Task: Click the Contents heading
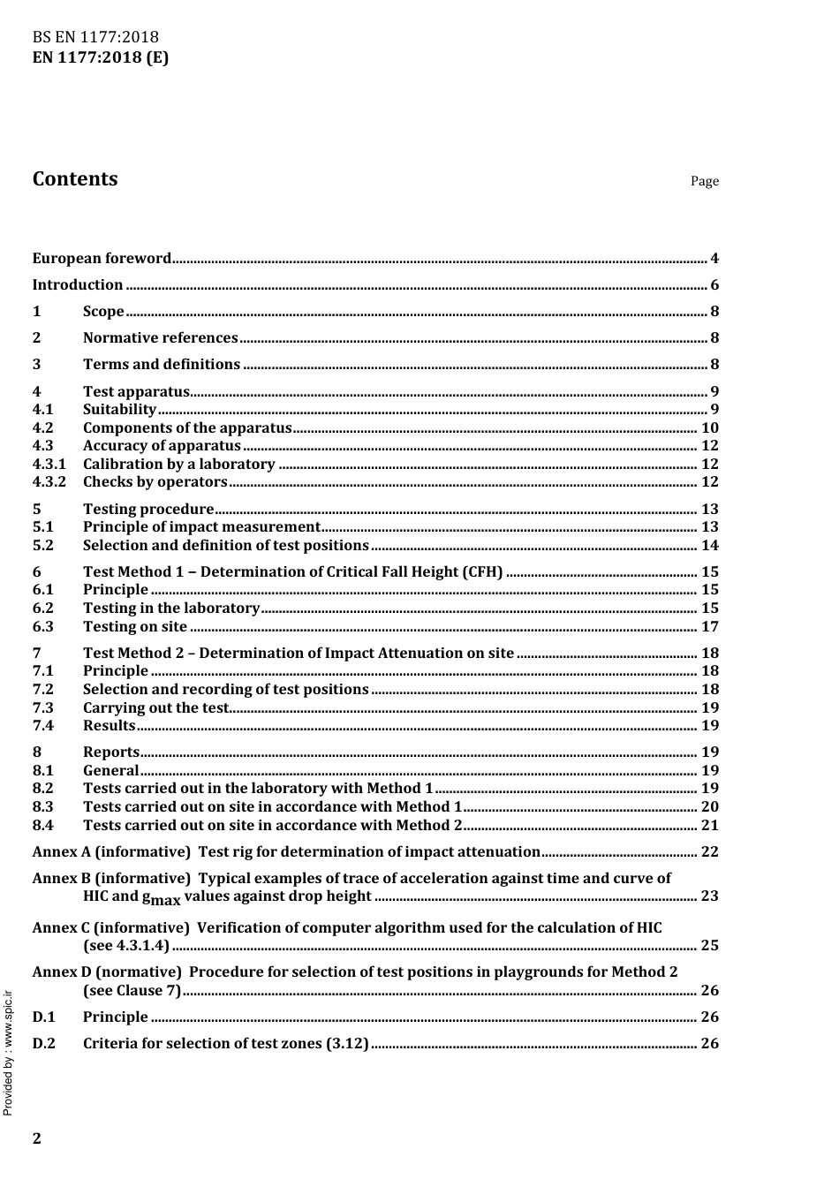tap(75, 179)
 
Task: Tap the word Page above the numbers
tap(705, 181)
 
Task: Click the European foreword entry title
tap(102, 259)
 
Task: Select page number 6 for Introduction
tap(714, 285)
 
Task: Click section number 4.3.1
tap(49, 465)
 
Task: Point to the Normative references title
tap(160, 338)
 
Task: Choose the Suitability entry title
tap(119, 410)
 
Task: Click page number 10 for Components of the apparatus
tap(709, 428)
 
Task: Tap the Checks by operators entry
tap(155, 482)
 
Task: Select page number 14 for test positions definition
tap(709, 546)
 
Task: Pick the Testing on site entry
tap(134, 627)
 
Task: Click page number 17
tap(709, 627)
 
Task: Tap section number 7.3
tap(43, 708)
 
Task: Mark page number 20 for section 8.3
tap(709, 807)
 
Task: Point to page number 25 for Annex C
tap(709, 946)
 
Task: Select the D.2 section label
tap(43, 1044)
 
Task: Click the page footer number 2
tap(37, 1138)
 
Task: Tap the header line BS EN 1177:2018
tap(95, 37)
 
